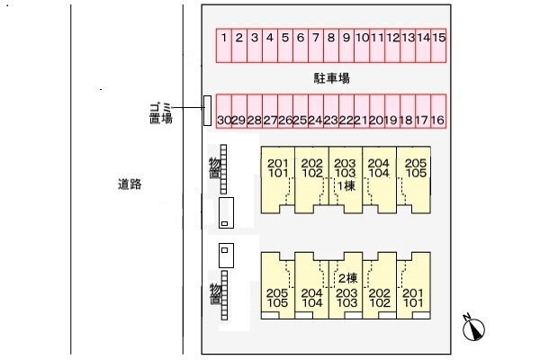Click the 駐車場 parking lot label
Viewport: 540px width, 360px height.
click(x=331, y=79)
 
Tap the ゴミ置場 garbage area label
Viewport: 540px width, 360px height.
click(x=161, y=113)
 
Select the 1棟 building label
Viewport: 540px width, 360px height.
click(x=346, y=185)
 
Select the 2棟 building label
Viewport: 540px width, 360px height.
click(x=346, y=277)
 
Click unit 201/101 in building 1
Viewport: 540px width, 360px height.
click(x=277, y=168)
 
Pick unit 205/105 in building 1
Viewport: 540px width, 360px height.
click(x=415, y=168)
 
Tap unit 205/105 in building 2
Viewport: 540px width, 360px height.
click(x=277, y=298)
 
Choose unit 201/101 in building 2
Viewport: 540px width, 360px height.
click(x=413, y=298)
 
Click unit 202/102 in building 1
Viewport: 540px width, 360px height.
click(x=311, y=168)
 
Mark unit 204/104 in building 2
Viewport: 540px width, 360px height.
click(x=311, y=298)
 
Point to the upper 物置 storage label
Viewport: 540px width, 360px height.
click(x=214, y=166)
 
